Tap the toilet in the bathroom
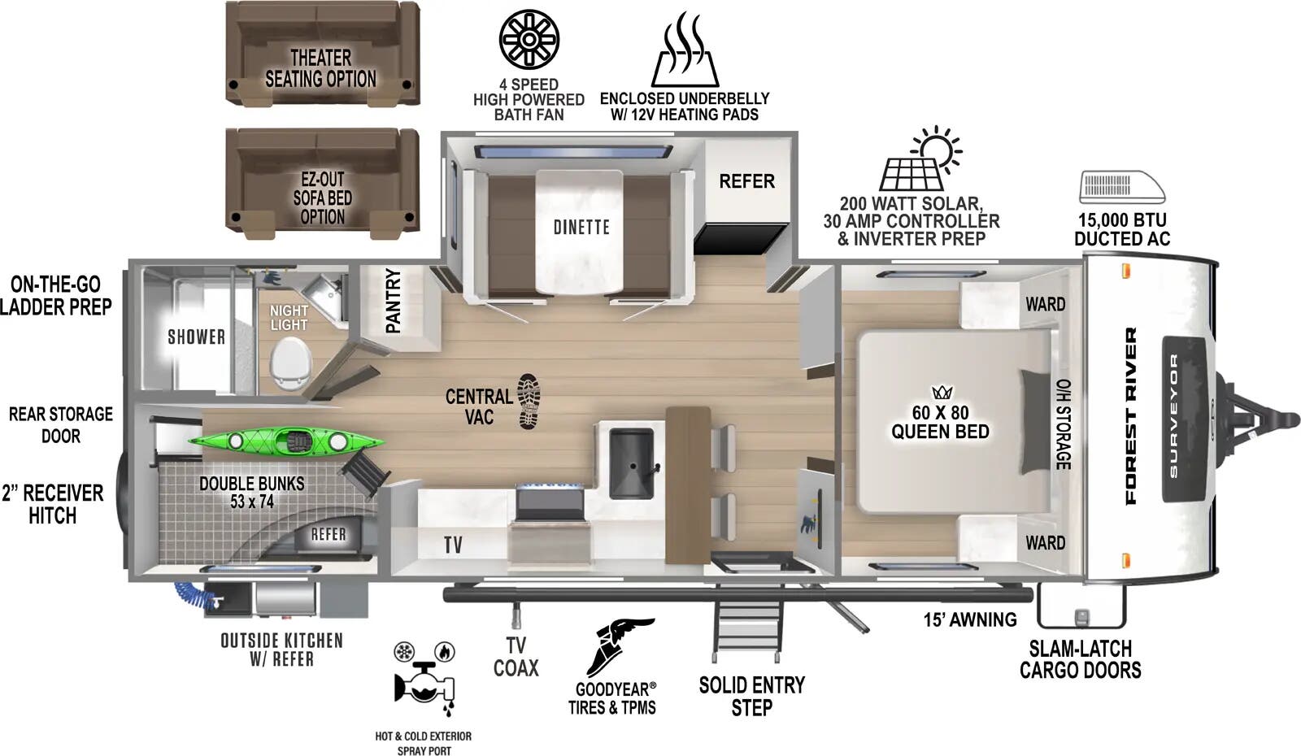click(291, 363)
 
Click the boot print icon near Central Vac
click(529, 401)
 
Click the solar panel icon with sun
click(921, 159)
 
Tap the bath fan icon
click(529, 39)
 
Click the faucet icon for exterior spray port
click(424, 682)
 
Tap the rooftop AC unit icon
click(1121, 187)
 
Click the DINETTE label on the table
click(581, 228)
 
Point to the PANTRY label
click(393, 300)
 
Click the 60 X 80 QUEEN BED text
click(940, 423)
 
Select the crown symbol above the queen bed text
click(942, 392)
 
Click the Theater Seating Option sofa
click(322, 53)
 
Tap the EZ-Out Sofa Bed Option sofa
click(322, 179)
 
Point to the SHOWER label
click(196, 337)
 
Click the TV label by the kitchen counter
click(453, 545)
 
